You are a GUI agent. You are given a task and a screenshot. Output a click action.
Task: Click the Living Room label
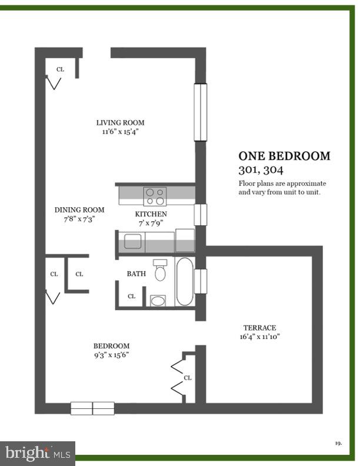(x=120, y=123)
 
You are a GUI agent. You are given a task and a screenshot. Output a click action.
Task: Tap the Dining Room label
(x=79, y=210)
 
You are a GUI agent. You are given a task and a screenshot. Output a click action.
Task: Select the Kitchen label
(x=151, y=214)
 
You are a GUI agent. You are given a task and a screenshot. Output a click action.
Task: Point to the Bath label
(x=136, y=274)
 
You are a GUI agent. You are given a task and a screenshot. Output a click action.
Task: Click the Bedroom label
(x=111, y=346)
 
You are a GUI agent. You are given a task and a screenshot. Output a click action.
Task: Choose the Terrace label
(x=259, y=328)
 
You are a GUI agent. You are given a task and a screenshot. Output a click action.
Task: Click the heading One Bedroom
(x=284, y=157)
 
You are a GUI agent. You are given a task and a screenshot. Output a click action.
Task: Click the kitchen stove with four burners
(x=155, y=196)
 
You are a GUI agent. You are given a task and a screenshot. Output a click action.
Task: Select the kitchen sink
(x=132, y=242)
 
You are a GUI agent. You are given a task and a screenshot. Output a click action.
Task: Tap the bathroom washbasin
(x=158, y=301)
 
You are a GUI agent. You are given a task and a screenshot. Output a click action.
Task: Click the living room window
(x=201, y=112)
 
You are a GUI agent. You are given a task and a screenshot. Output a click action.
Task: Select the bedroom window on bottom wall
(x=92, y=408)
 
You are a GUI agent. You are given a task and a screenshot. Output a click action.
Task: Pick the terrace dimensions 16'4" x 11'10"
(x=259, y=337)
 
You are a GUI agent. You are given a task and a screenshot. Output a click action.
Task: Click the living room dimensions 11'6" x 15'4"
(x=120, y=132)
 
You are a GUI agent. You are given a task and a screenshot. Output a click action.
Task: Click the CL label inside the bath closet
(x=131, y=297)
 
